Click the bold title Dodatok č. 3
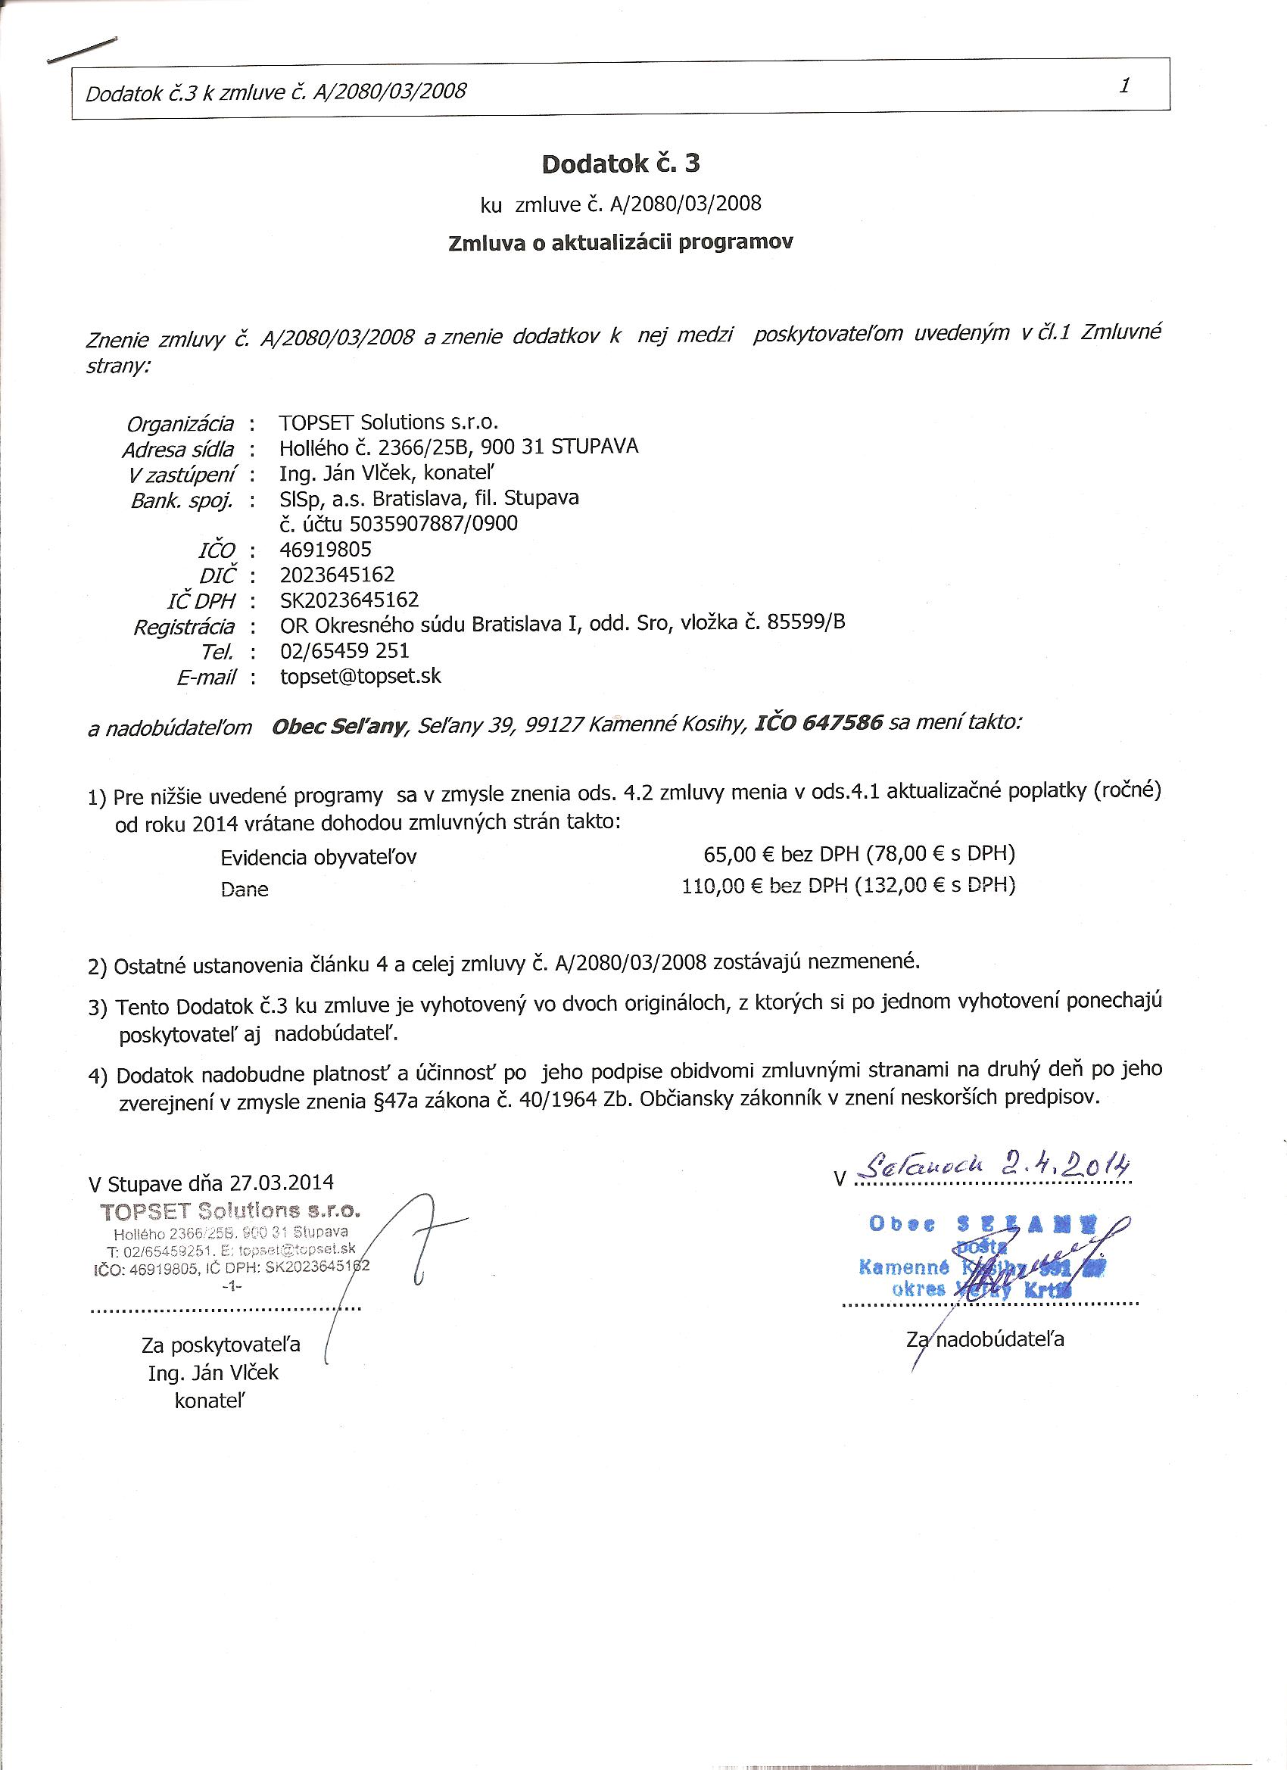(621, 164)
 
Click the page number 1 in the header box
(1125, 86)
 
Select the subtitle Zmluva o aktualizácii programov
(621, 242)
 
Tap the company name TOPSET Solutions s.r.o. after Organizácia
(388, 422)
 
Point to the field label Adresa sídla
(178, 450)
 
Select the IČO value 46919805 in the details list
(326, 549)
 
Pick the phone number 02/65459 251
(344, 650)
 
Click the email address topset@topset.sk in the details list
(360, 676)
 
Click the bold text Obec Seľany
(338, 727)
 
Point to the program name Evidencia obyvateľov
(319, 858)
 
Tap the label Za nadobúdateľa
(985, 1339)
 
